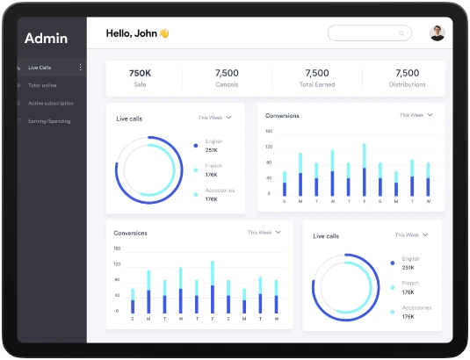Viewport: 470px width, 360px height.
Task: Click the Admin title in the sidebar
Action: (x=46, y=38)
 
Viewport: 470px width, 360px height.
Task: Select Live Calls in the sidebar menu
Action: (x=40, y=68)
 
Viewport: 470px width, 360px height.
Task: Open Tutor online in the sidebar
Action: (x=42, y=85)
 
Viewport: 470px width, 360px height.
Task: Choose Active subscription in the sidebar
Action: (x=50, y=103)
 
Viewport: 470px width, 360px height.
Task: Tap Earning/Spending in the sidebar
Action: (x=49, y=121)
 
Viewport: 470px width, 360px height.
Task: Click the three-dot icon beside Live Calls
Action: (x=80, y=68)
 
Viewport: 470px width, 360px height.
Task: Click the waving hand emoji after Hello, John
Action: (x=163, y=33)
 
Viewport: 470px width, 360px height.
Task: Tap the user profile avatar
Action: (x=437, y=33)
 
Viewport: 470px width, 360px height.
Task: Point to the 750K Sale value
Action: (x=140, y=74)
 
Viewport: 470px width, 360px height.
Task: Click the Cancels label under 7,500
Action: (x=227, y=85)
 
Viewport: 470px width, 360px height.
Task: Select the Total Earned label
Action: (x=316, y=85)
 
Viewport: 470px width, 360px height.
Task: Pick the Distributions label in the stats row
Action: (x=407, y=85)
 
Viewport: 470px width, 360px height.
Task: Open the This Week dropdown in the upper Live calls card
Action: (x=214, y=117)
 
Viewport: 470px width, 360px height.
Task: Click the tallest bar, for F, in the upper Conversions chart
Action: (x=364, y=170)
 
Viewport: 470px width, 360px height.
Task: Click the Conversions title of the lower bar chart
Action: (x=130, y=233)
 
